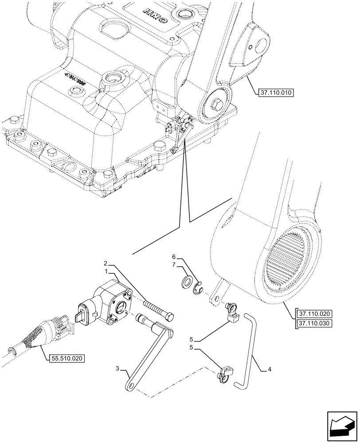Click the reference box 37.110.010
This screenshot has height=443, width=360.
pos(275,93)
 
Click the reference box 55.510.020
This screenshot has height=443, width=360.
pos(66,358)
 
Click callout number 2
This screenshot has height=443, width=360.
pos(106,263)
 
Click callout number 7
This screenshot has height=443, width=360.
pos(174,265)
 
